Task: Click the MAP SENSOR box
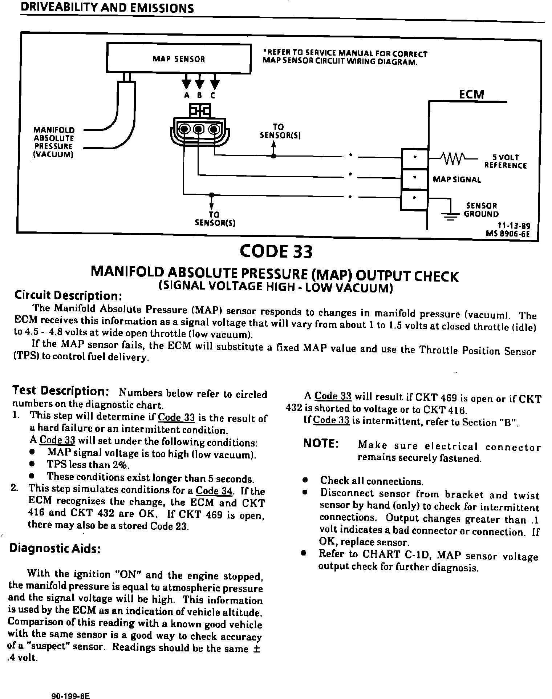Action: click(x=178, y=58)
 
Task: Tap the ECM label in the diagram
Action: click(x=471, y=94)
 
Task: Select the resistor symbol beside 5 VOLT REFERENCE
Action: click(x=451, y=158)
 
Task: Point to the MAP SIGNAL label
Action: click(x=457, y=179)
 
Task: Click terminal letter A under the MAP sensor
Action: click(x=187, y=96)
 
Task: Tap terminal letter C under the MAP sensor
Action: click(x=213, y=96)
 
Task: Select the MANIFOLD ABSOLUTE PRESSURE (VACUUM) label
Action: click(x=54, y=142)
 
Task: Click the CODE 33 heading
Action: click(x=276, y=251)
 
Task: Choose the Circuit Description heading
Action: click(x=68, y=295)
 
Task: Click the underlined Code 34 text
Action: click(x=214, y=491)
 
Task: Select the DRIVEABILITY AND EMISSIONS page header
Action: click(x=107, y=9)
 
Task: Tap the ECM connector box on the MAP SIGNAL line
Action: click(x=414, y=179)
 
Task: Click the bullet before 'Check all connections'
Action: click(x=305, y=480)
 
